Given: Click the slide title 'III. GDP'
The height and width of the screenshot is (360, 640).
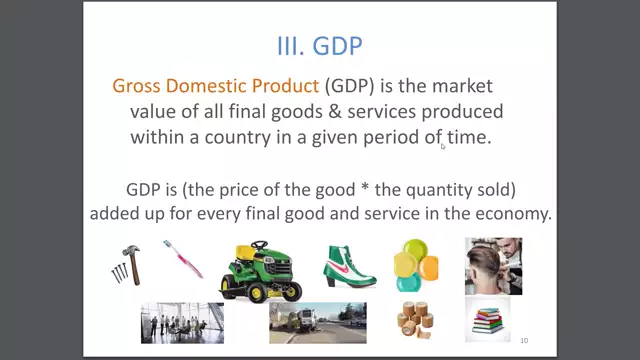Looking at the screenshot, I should point(319,46).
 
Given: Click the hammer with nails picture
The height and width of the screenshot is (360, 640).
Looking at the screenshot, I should point(127,264).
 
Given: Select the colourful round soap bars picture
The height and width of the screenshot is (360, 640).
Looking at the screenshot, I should point(415,264).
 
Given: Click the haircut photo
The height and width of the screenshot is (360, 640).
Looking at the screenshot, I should point(493,265).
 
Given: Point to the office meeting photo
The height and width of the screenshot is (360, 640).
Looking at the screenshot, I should point(182,322).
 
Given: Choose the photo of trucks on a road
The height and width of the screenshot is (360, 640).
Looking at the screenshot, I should point(317,322).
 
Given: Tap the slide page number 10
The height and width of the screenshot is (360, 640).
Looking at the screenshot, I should point(523,340).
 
